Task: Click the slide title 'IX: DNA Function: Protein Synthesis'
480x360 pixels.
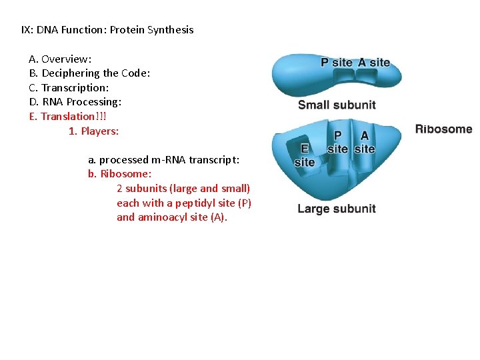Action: [107, 30]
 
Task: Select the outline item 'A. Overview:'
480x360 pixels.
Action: [60, 59]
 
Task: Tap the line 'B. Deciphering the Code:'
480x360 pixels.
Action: [89, 73]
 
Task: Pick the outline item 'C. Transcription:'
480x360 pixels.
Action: [69, 88]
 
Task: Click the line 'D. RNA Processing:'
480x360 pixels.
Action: [75, 102]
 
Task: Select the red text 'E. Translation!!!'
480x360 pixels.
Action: [67, 117]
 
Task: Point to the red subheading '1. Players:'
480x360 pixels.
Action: [93, 131]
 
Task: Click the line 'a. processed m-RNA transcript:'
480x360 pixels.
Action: [164, 160]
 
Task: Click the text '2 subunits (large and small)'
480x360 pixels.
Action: [183, 189]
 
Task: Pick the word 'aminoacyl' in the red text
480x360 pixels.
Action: [161, 217]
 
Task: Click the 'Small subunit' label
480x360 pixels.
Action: [337, 105]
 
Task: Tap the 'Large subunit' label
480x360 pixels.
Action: [337, 209]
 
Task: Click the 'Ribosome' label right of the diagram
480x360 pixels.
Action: [443, 129]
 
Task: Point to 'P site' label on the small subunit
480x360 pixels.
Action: [337, 63]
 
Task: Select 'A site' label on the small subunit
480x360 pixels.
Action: [374, 63]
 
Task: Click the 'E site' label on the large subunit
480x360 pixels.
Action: [304, 155]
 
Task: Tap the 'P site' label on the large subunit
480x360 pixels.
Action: [337, 142]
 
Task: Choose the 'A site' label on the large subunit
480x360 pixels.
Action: [364, 142]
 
